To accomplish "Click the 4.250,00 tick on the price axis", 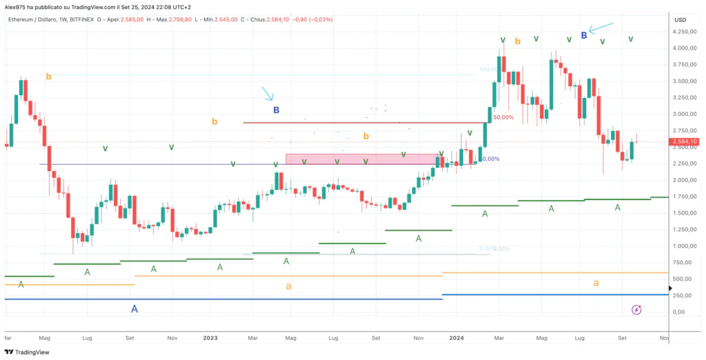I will point(683,32).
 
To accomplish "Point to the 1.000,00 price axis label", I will point(683,246).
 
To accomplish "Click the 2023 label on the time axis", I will point(210,338).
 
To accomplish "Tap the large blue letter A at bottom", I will point(134,309).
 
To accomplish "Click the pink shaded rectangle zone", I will point(361,159).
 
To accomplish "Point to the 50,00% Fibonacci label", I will point(503,118).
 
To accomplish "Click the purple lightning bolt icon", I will point(637,310).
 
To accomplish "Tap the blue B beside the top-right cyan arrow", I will point(584,34).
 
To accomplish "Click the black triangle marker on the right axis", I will point(670,288).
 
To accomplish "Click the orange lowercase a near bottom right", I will point(596,283).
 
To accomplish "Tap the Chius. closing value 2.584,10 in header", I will point(295,19).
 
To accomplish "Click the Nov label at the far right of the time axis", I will point(664,338).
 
